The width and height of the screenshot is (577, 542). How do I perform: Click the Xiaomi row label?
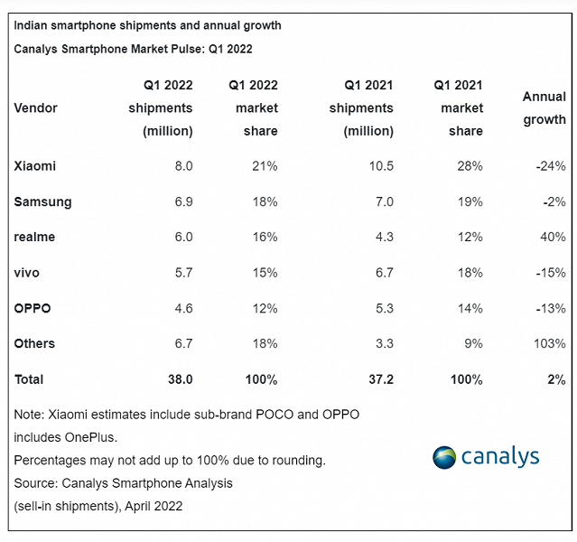point(35,166)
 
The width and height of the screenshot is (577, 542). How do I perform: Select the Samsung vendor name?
point(42,201)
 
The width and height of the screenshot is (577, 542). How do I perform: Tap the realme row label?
point(34,237)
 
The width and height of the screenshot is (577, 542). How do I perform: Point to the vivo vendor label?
point(27,272)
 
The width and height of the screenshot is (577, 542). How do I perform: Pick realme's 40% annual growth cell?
point(553,237)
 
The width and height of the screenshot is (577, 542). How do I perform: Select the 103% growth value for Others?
point(549,343)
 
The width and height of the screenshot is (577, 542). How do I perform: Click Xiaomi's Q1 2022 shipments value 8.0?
point(183,166)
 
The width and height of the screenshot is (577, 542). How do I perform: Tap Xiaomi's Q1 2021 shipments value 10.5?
point(380,166)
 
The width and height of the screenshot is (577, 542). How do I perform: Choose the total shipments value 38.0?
point(179,379)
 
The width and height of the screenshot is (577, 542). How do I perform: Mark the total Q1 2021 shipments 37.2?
point(379,379)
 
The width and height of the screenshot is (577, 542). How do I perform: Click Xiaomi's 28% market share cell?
point(470,166)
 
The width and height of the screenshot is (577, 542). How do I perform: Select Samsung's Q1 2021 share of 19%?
point(470,201)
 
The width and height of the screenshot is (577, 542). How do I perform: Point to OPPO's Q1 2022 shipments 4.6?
point(183,308)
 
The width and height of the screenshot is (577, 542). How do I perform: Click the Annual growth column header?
point(544,107)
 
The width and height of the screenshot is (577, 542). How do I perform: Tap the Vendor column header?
point(36,108)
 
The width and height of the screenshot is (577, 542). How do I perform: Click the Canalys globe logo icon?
point(444,457)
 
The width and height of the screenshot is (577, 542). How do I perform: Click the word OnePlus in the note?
point(98,437)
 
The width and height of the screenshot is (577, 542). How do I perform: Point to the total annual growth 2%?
point(555,379)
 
